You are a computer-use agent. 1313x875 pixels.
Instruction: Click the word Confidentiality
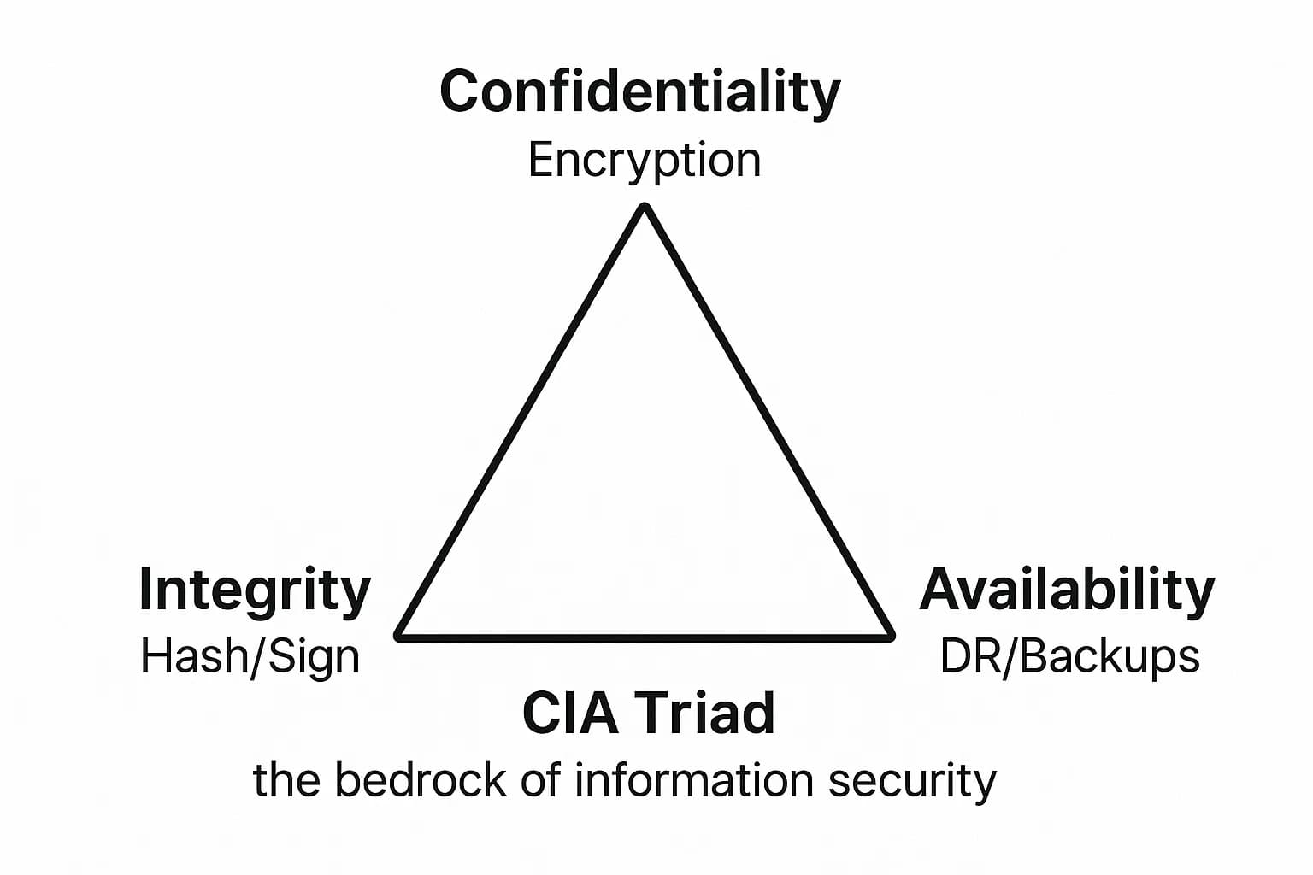tap(639, 92)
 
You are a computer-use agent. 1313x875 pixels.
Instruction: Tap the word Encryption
tap(645, 161)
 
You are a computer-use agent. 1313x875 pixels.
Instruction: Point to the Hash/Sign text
tap(250, 657)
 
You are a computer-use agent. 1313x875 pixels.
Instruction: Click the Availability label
tap(1067, 590)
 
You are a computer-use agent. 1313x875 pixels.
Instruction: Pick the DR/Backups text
tap(1069, 657)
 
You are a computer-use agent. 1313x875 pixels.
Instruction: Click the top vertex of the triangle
tap(645, 208)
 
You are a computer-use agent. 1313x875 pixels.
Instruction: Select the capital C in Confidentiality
tap(460, 92)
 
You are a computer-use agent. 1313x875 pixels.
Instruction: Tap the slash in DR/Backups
tap(1010, 657)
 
